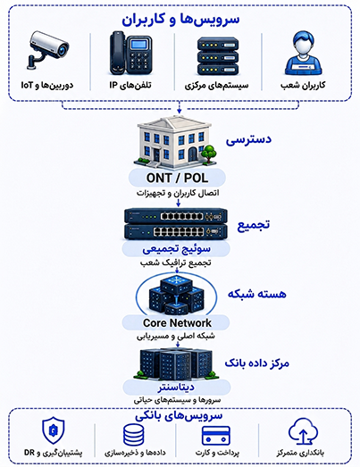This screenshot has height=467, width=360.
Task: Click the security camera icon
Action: pos(48,50)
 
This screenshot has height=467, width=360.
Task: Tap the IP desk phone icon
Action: pos(130,53)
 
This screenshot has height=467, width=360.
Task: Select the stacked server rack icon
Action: pos(218,56)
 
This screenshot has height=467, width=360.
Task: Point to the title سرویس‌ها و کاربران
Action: pos(180,20)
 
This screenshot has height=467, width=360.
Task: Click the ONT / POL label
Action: pos(177,178)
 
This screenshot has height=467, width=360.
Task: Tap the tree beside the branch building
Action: pos(209,154)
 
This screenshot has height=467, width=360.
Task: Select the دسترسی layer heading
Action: pos(248,139)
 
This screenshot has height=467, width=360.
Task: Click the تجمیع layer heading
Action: pos(254,225)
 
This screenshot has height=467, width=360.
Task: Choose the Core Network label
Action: pos(177,323)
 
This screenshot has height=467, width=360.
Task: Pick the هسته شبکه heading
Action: pos(257,294)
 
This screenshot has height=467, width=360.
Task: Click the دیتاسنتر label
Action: pos(176,388)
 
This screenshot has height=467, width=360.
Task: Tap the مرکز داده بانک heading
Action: pos(257,363)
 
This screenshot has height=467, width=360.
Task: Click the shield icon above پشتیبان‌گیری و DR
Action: pos(54,430)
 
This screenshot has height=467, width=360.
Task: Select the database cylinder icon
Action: pos(134,435)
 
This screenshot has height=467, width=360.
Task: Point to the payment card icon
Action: pos(216,436)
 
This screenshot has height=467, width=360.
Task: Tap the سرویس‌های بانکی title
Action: pos(179,416)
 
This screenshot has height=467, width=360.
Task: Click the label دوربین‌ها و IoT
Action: pos(47,85)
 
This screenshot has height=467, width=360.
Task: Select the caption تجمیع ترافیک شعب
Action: pos(176,263)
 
